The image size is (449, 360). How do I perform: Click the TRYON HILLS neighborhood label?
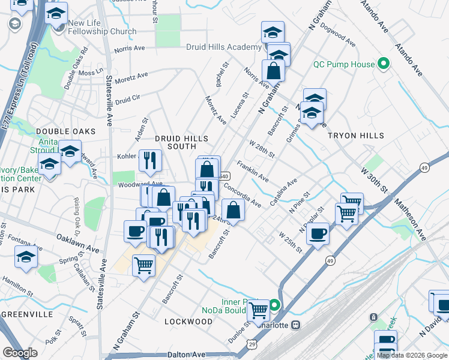click(x=356, y=136)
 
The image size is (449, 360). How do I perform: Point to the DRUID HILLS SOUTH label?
click(x=176, y=142)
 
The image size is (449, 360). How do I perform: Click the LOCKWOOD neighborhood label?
click(x=188, y=322)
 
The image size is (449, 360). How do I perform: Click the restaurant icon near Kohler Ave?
click(x=149, y=160)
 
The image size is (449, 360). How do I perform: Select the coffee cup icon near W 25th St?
click(x=318, y=233)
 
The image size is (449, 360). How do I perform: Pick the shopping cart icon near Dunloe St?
click(x=258, y=310)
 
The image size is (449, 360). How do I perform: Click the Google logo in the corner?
click(x=20, y=353)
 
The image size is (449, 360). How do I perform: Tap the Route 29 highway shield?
click(x=253, y=343)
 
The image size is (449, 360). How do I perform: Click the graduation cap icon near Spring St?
click(x=26, y=257)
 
